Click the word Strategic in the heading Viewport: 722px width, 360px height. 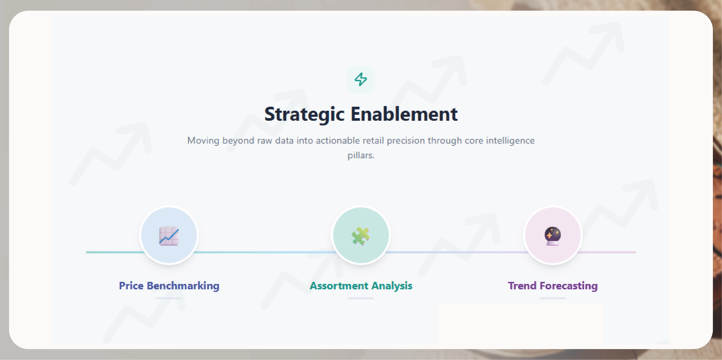304,114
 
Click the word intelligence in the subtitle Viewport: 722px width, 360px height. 510,141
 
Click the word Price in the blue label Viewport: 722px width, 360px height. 131,286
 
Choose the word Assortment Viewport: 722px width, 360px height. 339,286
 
